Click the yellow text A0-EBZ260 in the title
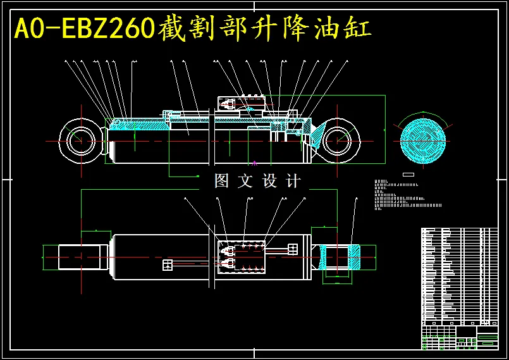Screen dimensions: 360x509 coord(85,28)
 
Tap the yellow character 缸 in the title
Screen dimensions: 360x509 coord(359,28)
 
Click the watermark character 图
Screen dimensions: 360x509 coord(221,181)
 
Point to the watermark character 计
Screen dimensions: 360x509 coord(293,181)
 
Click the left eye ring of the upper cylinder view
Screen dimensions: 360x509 coord(79,139)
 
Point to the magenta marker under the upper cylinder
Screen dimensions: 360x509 coord(254,163)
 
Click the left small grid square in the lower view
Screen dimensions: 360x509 coord(168,264)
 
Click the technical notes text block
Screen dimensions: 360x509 coord(405,194)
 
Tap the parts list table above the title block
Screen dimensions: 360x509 coord(459,275)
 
